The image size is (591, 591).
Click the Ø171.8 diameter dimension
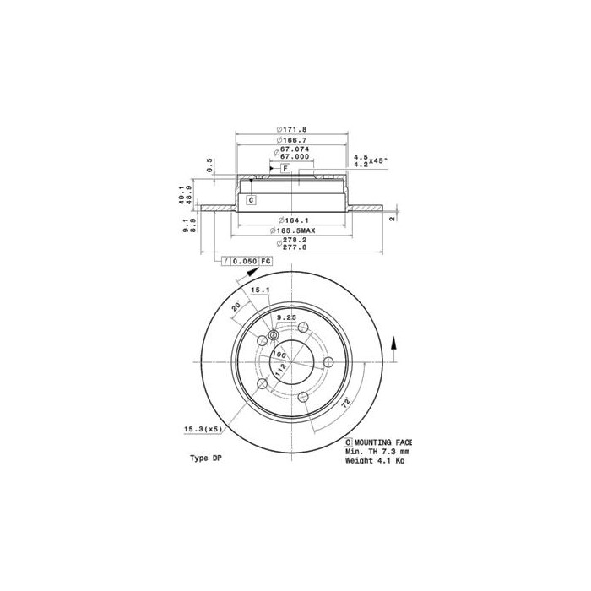pyautogui.click(x=291, y=129)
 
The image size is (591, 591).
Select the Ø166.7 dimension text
pyautogui.click(x=291, y=140)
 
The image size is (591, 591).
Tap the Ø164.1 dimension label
pyautogui.click(x=291, y=222)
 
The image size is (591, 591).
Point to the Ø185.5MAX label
pyautogui.click(x=292, y=230)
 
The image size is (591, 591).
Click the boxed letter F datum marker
pyautogui.click(x=285, y=169)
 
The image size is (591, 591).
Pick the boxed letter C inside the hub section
pyautogui.click(x=251, y=200)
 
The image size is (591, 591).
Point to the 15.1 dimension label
pyautogui.click(x=262, y=291)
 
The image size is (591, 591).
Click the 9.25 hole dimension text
pyautogui.click(x=286, y=317)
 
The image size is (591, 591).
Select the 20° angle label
pyautogui.click(x=236, y=306)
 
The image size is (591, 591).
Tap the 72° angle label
pyautogui.click(x=346, y=404)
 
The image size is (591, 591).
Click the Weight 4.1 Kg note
pyautogui.click(x=375, y=460)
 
